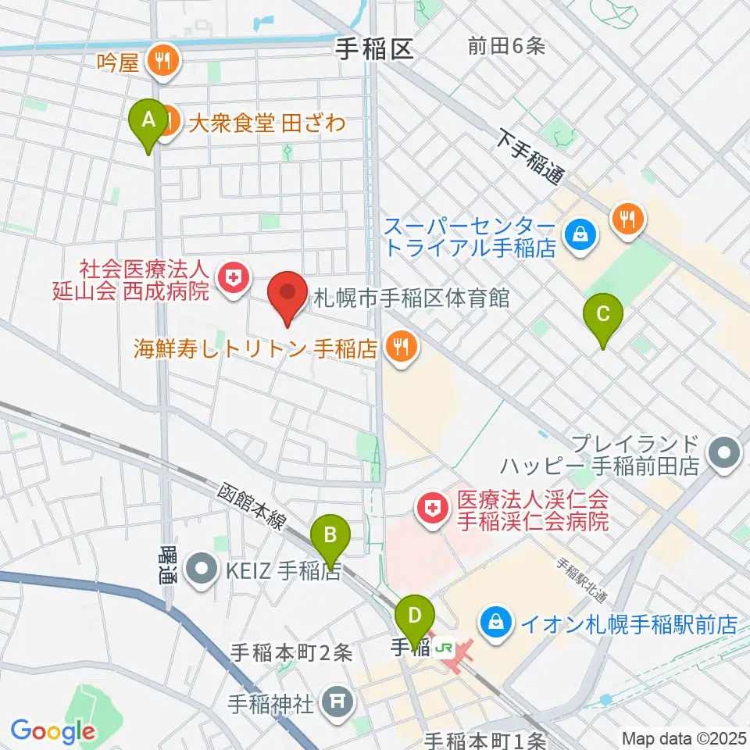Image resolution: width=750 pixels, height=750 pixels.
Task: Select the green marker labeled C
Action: (x=603, y=316)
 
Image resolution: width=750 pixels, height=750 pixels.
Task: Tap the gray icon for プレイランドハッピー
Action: (x=724, y=453)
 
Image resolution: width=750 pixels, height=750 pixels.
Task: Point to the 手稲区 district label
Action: (x=373, y=50)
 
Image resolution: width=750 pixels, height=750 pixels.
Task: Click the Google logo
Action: (x=52, y=732)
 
